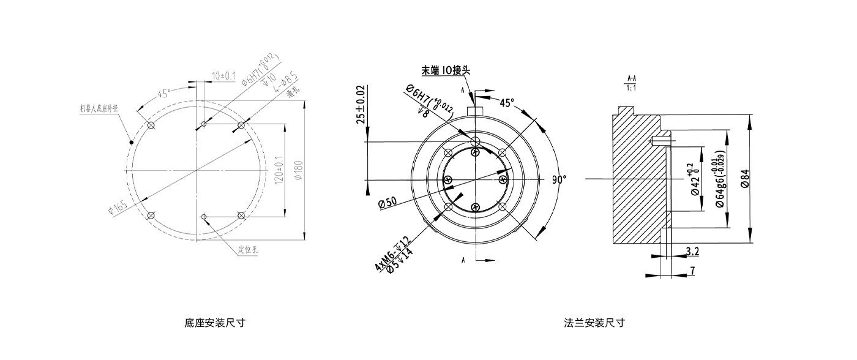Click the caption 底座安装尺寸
click(215, 323)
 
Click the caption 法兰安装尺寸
click(595, 323)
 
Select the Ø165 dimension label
click(119, 207)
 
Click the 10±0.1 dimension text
click(223, 75)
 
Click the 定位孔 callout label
click(247, 250)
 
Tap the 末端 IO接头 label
click(446, 70)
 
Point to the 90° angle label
click(559, 179)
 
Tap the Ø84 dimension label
click(745, 177)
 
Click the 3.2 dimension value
click(692, 251)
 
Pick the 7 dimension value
click(692, 270)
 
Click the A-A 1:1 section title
click(632, 83)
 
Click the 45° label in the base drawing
click(164, 94)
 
